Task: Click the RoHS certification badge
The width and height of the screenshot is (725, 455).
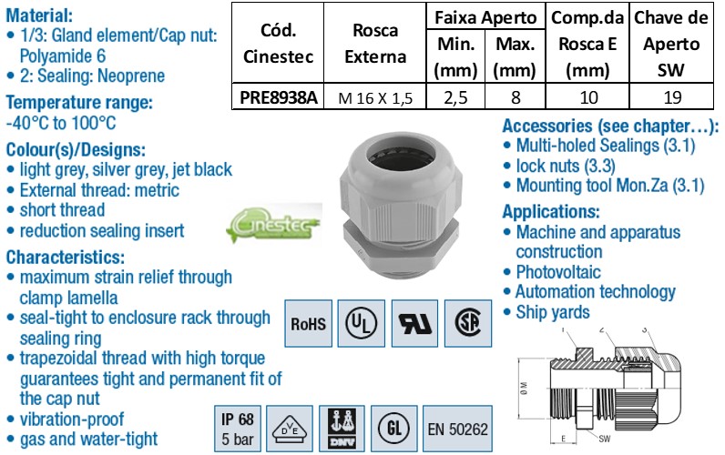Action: point(309,322)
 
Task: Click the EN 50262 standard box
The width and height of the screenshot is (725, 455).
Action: point(458,428)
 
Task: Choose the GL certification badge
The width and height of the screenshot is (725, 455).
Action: point(393,428)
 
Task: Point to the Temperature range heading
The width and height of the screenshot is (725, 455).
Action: point(79,103)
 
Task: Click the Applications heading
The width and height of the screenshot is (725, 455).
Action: point(551,211)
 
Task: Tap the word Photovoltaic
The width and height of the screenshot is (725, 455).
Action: point(558,271)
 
